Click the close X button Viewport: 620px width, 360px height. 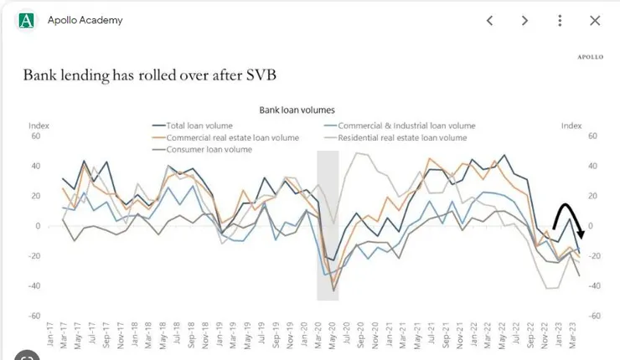coord(595,21)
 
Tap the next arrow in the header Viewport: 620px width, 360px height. coord(525,21)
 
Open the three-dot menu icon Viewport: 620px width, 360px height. coord(560,21)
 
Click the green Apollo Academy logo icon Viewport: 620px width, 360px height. coord(27,21)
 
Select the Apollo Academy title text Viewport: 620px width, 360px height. coord(85,20)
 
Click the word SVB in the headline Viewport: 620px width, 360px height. coord(258,75)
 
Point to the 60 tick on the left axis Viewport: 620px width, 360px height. coord(34,135)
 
